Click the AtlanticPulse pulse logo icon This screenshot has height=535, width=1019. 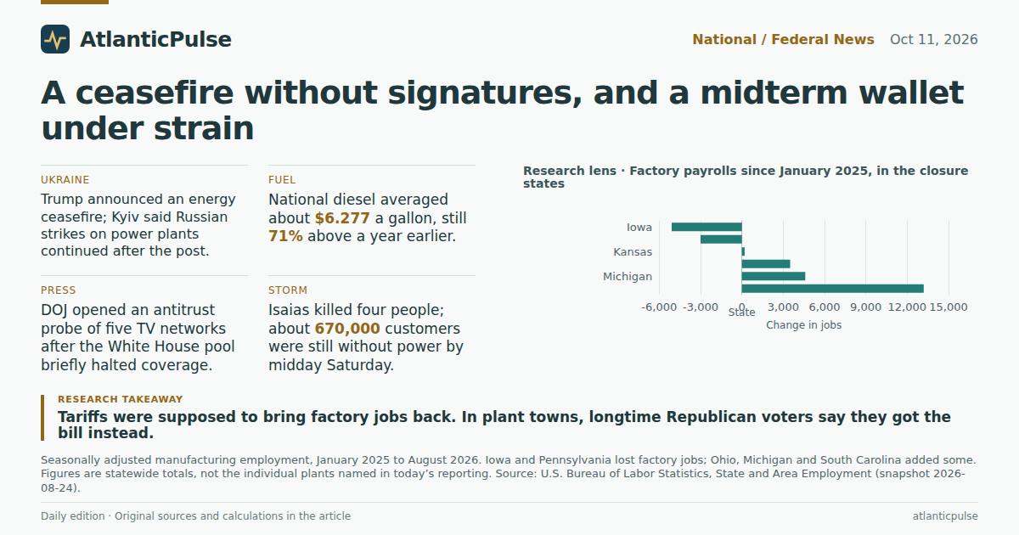click(55, 39)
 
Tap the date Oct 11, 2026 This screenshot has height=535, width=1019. click(933, 40)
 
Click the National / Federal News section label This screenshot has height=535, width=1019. click(783, 40)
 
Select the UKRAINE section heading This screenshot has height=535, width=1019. click(65, 180)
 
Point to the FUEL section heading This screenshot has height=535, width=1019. click(282, 180)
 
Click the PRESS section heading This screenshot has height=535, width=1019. click(59, 290)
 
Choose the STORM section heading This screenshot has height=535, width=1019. click(288, 290)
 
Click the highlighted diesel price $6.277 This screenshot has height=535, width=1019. click(342, 218)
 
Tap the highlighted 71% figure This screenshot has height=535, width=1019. click(285, 236)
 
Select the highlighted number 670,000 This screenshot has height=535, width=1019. click(347, 329)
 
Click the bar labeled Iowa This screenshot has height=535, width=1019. click(707, 227)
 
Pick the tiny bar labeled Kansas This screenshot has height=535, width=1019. click(743, 251)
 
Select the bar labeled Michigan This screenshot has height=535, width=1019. click(774, 276)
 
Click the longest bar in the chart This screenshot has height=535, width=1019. click(832, 289)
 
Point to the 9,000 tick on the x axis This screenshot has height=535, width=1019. click(865, 307)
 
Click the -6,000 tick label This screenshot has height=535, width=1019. click(659, 307)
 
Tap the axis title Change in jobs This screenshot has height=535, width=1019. click(804, 325)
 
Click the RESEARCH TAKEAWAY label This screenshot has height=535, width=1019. click(120, 399)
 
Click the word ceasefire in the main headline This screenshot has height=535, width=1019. click(155, 93)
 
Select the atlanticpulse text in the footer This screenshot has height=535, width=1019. click(945, 516)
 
